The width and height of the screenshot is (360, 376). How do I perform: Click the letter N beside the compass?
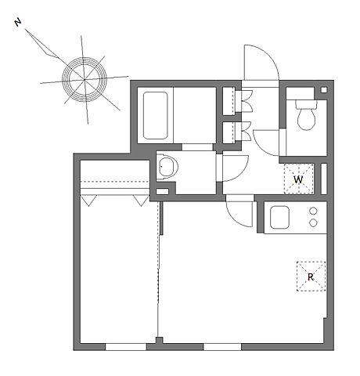pos(18,23)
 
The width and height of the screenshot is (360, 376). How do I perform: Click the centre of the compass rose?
pos(85,79)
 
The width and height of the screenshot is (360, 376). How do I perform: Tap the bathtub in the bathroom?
pos(156,115)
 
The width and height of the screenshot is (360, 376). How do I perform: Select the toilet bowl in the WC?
pos(307,119)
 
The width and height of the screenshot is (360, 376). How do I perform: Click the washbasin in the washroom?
pos(167,166)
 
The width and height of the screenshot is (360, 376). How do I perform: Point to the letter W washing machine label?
pos(298,179)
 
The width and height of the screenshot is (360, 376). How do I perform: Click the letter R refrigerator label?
pos(311,277)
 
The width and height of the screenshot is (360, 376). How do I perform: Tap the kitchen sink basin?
pos(279,217)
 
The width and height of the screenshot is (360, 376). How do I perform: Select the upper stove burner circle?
pos(313,211)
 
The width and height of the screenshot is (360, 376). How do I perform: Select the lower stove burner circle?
pos(313,223)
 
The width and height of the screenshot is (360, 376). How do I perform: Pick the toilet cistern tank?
pos(306,104)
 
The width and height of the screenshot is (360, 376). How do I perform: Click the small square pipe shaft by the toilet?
pos(324,90)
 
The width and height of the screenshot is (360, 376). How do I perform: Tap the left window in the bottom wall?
pos(126,347)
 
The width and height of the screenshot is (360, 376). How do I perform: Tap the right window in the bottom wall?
pos(222,347)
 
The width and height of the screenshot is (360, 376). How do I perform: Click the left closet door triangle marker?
pos(88,201)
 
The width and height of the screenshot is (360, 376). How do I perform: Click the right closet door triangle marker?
pos(141,201)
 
